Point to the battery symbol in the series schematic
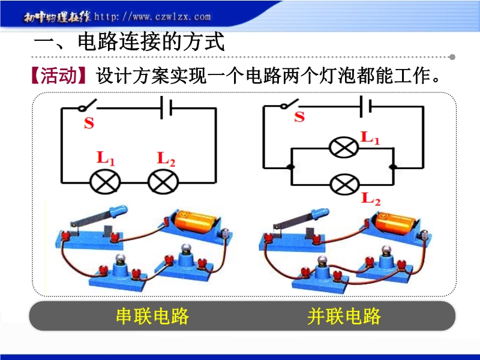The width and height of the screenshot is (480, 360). coord(166,109)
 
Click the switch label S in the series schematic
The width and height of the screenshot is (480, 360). coord(89,124)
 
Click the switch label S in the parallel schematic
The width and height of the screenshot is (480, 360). coord(299,117)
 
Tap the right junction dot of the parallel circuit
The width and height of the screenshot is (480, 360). coord(392,166)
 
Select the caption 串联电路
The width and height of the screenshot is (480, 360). coord(152,316)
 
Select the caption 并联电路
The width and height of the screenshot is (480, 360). coord(344,316)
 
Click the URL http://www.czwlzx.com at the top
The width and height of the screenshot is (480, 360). coord(153,17)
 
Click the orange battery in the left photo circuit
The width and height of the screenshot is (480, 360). coord(196,223)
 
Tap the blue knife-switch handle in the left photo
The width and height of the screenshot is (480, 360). coord(113,210)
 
